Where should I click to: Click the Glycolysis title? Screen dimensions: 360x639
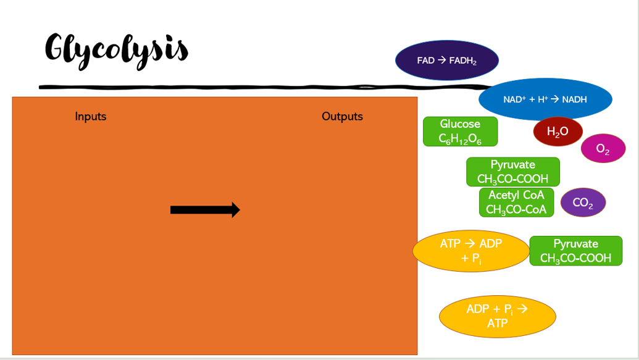116,48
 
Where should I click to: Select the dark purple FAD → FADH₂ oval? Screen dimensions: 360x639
446,61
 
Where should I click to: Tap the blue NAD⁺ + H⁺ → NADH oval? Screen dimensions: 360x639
545,99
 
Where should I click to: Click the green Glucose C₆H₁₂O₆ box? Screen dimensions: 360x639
460,132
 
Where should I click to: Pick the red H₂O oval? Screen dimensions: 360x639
558,132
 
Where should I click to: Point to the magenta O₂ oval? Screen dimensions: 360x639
603,148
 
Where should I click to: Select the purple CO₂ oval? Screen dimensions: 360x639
583,203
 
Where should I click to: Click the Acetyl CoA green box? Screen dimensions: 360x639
516,203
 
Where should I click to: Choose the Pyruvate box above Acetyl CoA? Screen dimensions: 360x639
512,172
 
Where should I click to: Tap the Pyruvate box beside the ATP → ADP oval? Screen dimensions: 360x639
575,251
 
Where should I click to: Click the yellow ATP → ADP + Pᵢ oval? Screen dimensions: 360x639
470,251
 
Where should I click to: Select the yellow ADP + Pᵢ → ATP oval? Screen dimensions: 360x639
497,316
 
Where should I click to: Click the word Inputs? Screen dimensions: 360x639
91,116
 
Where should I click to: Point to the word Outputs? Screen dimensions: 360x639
342,116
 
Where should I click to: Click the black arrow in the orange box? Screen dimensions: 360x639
205,210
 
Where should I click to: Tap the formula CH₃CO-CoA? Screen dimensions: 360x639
516,210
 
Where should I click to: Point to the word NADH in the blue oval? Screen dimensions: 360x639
574,99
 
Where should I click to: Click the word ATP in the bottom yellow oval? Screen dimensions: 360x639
497,323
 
